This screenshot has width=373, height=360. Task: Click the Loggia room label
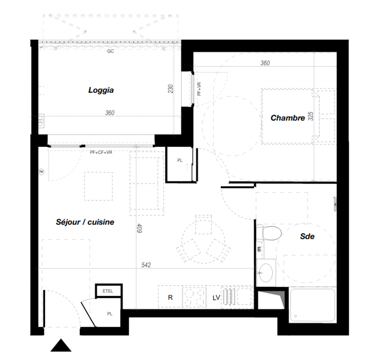101,90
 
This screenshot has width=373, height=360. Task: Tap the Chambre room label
288,118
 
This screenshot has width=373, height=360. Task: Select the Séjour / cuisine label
85,222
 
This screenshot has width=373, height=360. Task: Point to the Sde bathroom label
307,236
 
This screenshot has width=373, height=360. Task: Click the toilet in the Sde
269,233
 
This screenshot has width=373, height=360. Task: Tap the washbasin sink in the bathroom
266,273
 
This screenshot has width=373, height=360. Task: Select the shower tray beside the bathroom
313,305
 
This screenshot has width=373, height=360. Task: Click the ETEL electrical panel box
108,291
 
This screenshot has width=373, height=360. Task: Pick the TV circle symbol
41,171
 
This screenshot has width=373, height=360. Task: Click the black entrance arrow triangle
61,345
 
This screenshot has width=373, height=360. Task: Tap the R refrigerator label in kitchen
171,297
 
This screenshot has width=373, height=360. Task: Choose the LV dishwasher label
216,297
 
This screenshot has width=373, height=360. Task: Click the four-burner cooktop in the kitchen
194,297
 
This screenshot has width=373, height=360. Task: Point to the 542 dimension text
146,265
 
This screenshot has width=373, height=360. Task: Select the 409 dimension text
139,228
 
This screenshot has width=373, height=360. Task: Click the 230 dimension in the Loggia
171,89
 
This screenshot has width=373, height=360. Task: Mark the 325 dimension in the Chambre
310,116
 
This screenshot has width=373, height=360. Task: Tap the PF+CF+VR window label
101,152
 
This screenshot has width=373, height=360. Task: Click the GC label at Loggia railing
110,51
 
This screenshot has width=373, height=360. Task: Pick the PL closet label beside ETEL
110,314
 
